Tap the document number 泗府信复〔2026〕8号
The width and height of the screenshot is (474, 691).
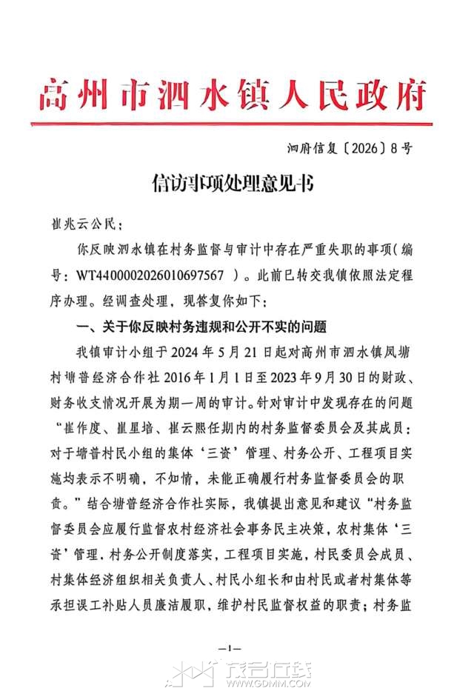350,148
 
